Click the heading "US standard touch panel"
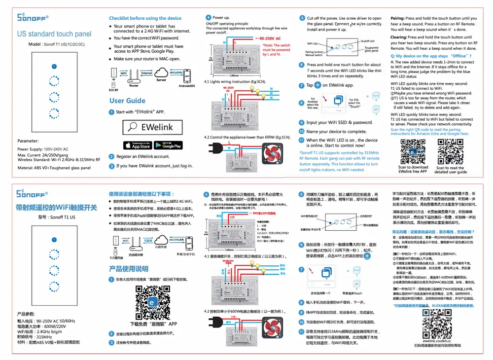pos(54,34)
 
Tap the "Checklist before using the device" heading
pos(145,18)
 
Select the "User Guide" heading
pos(127,101)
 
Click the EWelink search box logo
pos(152,127)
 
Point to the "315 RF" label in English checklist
pos(114,90)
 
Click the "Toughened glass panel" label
pos(371,49)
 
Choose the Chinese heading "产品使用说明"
pos(128,269)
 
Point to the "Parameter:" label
pos(28,141)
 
